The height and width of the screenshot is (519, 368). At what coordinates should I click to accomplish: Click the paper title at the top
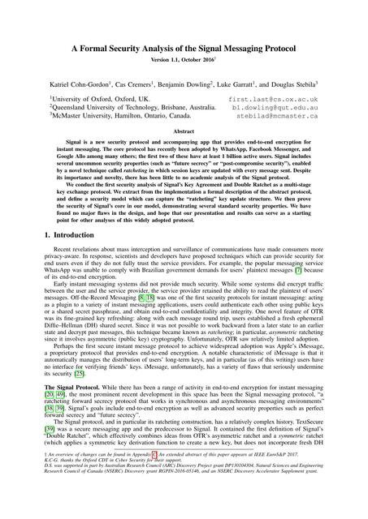(x=184, y=49)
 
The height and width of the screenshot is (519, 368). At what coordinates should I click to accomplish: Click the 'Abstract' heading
(x=184, y=130)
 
